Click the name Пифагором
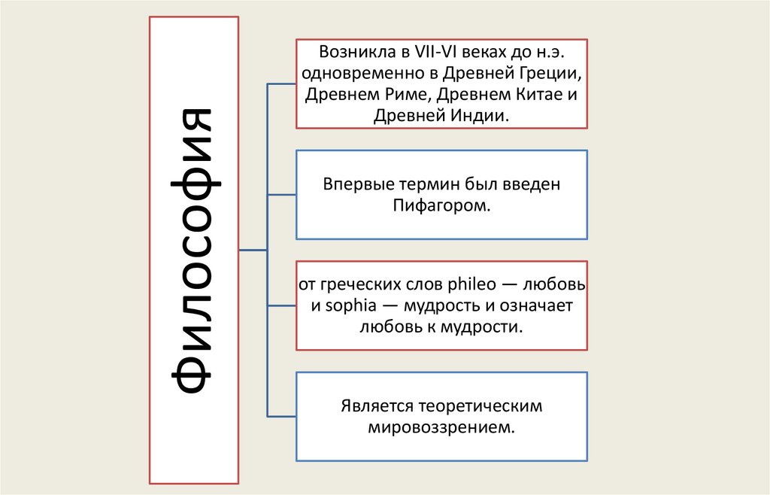tap(441, 205)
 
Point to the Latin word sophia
tap(347, 306)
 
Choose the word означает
tap(533, 306)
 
